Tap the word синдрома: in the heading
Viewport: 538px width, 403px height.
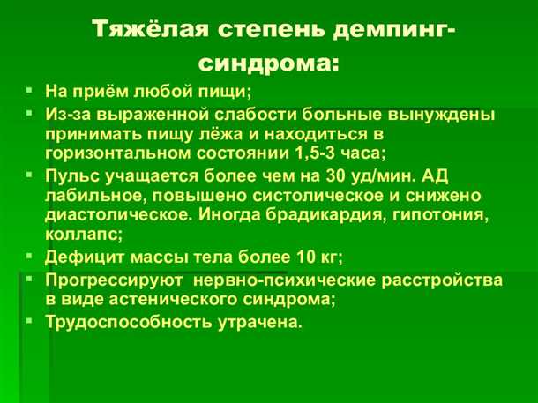tap(268, 63)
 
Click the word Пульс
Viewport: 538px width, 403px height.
tap(71, 174)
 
